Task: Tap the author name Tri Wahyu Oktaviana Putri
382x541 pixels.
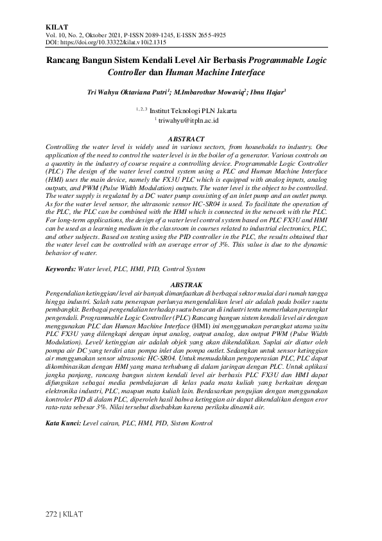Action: (126, 93)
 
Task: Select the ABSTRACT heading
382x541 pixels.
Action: (186, 139)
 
